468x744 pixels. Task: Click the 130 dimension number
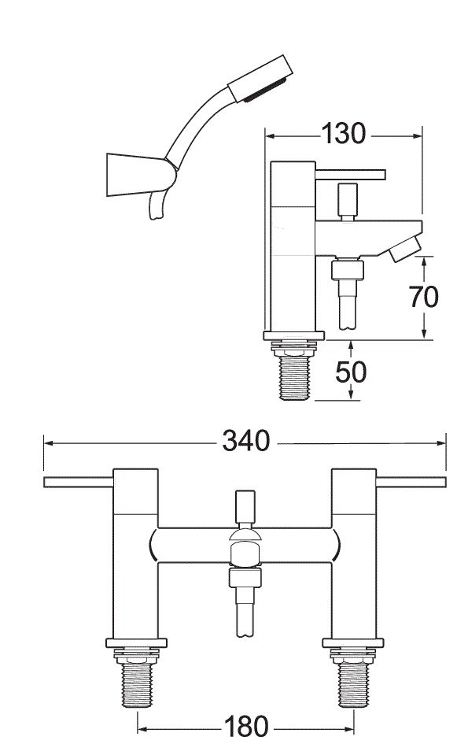(x=344, y=135)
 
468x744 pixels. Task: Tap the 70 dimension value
(x=423, y=296)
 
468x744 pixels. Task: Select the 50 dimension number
(x=351, y=371)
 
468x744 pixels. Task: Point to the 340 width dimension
(x=245, y=442)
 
